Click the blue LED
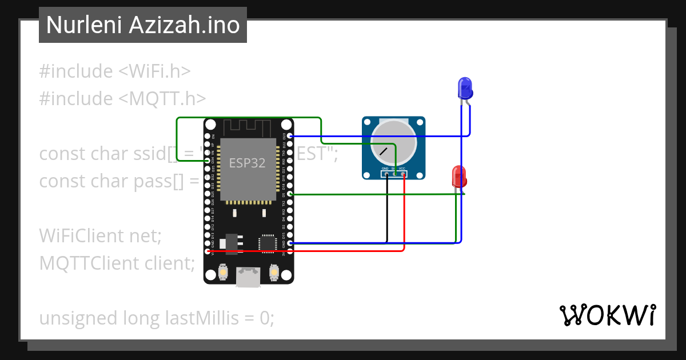[x=465, y=88]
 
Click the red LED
[x=459, y=176]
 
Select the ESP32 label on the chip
[x=248, y=163]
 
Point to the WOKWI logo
[x=607, y=315]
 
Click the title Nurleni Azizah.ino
[x=143, y=25]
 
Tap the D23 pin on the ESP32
[x=290, y=136]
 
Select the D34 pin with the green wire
[x=208, y=161]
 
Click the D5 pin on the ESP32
[x=290, y=194]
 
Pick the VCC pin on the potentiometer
[x=404, y=174]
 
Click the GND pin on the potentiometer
[x=387, y=174]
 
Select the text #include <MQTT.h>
[x=122, y=99]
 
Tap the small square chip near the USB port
[x=267, y=243]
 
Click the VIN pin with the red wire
[x=208, y=251]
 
